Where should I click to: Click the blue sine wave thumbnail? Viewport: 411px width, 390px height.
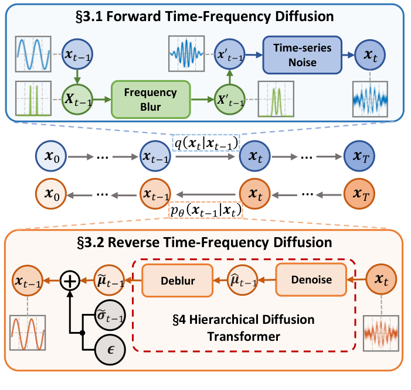32,53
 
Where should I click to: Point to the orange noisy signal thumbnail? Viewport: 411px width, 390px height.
382,333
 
